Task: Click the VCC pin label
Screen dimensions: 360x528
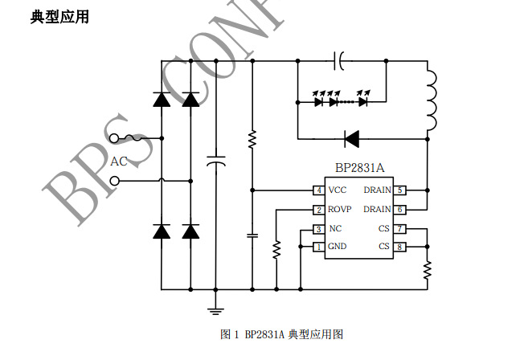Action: (x=338, y=190)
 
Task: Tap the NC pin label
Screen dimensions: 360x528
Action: (x=335, y=229)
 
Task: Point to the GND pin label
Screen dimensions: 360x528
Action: (x=338, y=247)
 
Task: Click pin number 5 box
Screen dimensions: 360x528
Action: (x=400, y=190)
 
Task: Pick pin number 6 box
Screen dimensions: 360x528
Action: (x=400, y=210)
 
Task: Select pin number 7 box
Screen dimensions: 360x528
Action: (x=400, y=229)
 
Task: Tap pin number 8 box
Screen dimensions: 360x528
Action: (x=400, y=247)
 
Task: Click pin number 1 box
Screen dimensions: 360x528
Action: (x=319, y=247)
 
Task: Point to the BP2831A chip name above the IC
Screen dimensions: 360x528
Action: (x=359, y=168)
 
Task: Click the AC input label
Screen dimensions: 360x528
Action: (x=119, y=162)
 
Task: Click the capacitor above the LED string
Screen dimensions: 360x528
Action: (x=341, y=59)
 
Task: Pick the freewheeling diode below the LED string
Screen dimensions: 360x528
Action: (x=351, y=138)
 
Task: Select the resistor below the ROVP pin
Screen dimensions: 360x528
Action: (x=276, y=249)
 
